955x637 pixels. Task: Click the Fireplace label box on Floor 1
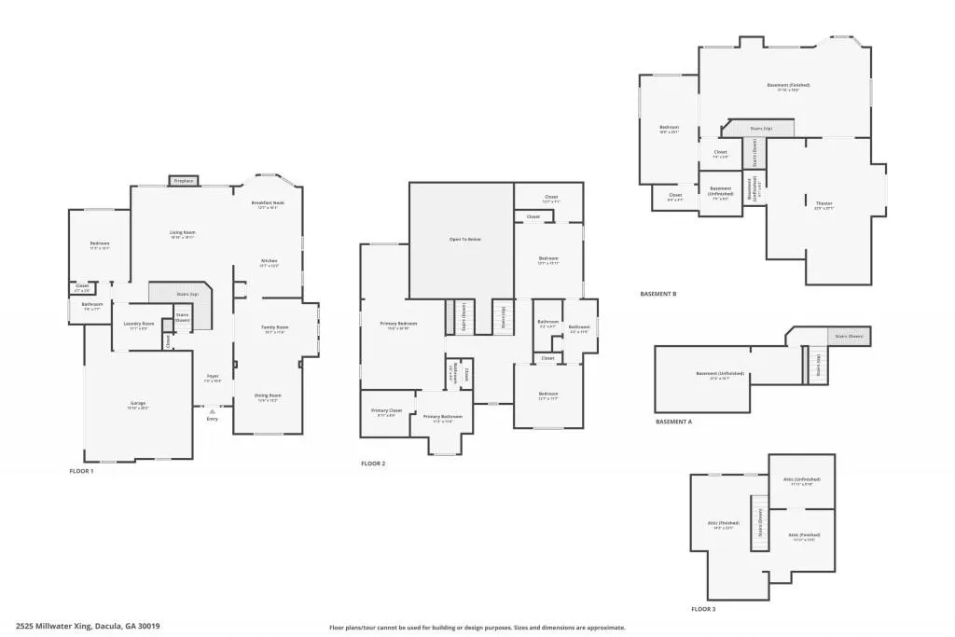click(183, 180)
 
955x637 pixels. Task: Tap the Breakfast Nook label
click(268, 202)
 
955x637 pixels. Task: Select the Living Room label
click(183, 232)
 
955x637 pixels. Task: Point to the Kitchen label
click(268, 260)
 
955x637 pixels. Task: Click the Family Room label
click(274, 327)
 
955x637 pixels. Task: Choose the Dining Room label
click(268, 395)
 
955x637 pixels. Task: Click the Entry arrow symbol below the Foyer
click(212, 410)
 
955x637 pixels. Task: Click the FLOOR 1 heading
click(81, 471)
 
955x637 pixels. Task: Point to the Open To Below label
click(464, 240)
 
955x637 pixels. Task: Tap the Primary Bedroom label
click(398, 324)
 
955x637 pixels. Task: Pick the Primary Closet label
click(386, 410)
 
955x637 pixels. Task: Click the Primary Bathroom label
click(442, 417)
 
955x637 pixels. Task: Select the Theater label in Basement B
click(824, 203)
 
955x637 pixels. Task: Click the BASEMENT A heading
click(673, 422)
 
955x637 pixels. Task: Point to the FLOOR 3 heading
click(704, 608)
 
